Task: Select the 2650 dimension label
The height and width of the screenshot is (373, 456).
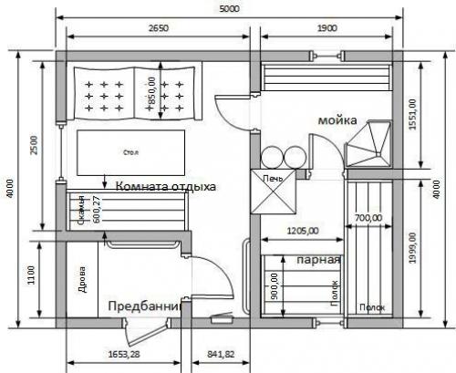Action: coord(157,28)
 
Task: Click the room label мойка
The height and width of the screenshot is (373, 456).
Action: coord(337,120)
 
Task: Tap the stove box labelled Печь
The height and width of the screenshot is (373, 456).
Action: coord(275,178)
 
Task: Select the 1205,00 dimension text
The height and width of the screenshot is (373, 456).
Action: coord(302,231)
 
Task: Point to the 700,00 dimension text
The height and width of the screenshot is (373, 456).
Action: coord(369,218)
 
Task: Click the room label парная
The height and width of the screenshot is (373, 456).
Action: coord(319,258)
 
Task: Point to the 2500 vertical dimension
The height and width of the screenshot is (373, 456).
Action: coord(35,146)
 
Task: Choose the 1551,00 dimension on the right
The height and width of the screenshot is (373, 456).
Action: coord(412,116)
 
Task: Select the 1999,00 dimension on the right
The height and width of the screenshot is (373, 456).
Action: coord(412,248)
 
